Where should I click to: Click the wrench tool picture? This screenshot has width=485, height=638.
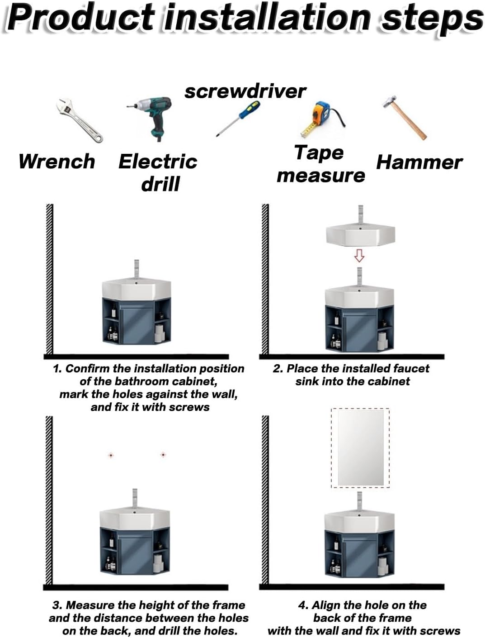pos(79,121)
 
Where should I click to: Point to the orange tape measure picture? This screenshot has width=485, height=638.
pos(321,119)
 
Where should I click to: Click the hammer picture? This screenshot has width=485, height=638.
pos(404,118)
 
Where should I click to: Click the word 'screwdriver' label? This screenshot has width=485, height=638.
pos(245,91)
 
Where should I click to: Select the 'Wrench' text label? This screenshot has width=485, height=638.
pos(57,162)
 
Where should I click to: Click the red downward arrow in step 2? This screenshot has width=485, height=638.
pos(359,255)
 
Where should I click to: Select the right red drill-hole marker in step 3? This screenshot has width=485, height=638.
pos(163,455)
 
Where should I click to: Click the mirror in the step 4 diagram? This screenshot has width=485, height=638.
pos(361,448)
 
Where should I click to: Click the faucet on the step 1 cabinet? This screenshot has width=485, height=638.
pos(137,269)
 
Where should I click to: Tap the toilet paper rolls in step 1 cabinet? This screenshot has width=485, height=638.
pos(160,333)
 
